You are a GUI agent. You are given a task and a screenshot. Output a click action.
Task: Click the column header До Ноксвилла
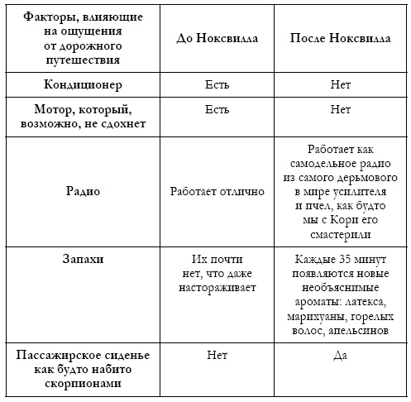click(x=217, y=38)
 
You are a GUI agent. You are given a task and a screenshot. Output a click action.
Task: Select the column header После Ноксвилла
click(x=341, y=38)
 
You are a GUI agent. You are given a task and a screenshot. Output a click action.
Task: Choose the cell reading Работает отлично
click(x=217, y=191)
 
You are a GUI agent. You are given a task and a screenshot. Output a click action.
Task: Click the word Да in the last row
click(x=341, y=356)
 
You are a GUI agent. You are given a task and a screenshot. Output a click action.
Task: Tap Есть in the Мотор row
click(x=217, y=108)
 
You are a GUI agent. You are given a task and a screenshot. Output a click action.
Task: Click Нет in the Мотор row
click(x=341, y=108)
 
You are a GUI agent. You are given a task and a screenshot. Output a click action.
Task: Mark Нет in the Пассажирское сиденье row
click(x=217, y=356)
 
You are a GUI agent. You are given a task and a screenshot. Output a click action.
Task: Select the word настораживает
click(x=217, y=287)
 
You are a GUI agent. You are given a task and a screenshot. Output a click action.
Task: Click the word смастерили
click(x=341, y=233)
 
